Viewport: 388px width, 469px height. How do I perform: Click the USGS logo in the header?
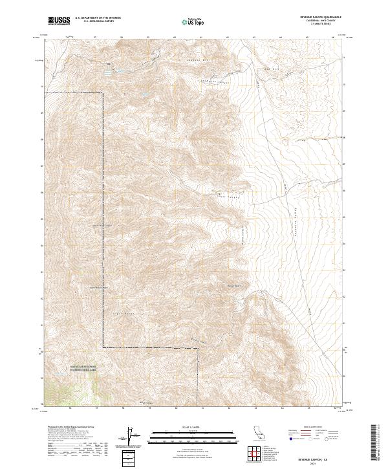[59, 21]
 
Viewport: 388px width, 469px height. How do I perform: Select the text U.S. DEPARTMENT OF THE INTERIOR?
[99, 19]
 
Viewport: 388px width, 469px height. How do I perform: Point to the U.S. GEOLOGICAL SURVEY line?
[99, 22]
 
